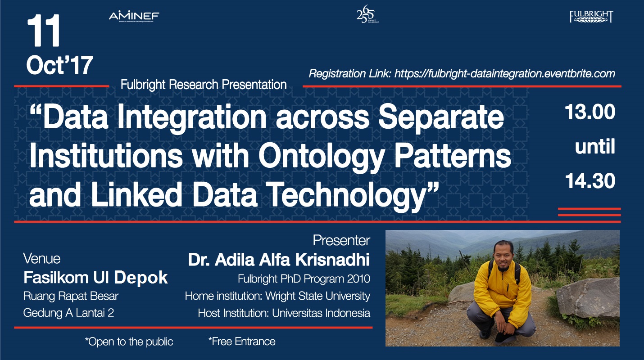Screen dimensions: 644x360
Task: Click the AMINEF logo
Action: pos(134,17)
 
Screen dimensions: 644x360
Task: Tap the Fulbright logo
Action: pos(591,17)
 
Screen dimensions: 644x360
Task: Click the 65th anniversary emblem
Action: pos(367,14)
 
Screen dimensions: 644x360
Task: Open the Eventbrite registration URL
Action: pos(505,74)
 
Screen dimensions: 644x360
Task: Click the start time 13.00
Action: pos(590,112)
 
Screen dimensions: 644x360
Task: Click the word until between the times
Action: pos(595,147)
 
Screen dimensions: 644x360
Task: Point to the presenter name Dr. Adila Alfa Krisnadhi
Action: pos(279,260)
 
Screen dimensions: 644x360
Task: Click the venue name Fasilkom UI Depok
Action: pos(95,278)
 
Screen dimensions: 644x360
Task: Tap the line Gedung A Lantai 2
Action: pos(69,313)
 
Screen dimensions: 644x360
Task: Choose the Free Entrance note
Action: pos(242,342)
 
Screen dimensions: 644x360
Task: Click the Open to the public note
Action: pos(129,342)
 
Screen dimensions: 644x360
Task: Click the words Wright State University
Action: pos(317,296)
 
